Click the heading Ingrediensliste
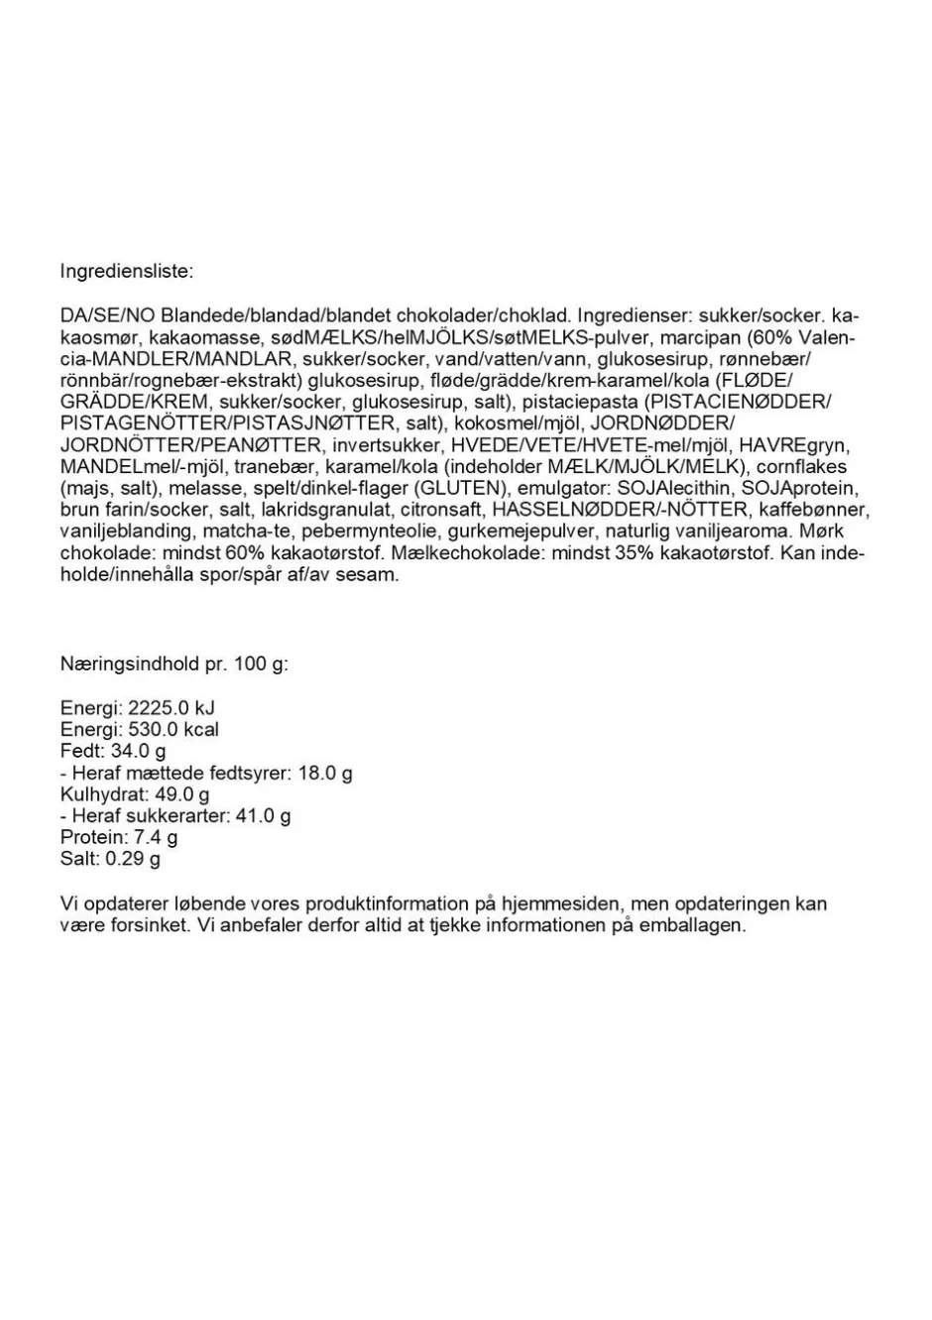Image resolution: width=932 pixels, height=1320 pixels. tap(127, 271)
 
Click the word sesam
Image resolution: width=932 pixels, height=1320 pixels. tap(370, 575)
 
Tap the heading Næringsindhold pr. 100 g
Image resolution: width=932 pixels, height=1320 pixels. tap(175, 663)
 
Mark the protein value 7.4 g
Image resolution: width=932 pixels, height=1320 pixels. tap(155, 838)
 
